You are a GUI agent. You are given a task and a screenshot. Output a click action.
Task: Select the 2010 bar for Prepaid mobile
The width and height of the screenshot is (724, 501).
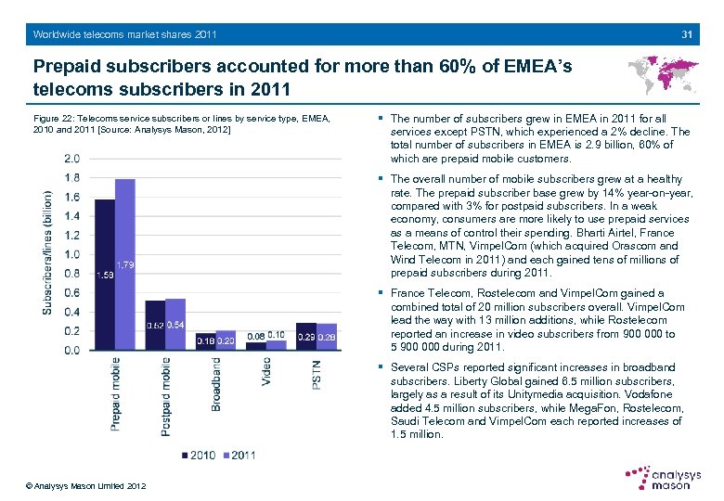(x=105, y=275)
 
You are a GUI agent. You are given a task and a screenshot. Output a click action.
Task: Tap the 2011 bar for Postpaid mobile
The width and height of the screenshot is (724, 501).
(x=175, y=324)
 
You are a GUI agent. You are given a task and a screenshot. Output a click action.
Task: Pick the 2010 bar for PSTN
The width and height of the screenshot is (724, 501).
(x=305, y=337)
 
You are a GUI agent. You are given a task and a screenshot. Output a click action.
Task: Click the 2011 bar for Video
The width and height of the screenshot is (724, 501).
(x=276, y=345)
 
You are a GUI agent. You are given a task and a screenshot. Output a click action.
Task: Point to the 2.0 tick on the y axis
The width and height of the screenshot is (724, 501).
(x=71, y=158)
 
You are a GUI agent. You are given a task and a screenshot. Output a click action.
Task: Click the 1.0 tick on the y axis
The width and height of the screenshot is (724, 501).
(x=71, y=254)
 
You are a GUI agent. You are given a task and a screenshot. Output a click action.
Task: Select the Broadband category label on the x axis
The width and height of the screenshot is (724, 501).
(x=216, y=384)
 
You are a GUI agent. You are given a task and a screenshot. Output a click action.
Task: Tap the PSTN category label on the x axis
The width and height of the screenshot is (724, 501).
(x=317, y=375)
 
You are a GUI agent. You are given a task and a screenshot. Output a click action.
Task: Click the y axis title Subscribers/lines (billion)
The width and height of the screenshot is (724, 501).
(x=47, y=252)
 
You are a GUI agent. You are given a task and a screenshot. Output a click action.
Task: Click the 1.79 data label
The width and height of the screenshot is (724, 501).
(x=127, y=265)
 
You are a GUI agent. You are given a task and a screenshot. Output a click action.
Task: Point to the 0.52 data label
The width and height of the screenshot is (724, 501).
(x=154, y=325)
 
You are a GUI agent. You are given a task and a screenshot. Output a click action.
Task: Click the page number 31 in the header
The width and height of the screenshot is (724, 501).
(x=688, y=34)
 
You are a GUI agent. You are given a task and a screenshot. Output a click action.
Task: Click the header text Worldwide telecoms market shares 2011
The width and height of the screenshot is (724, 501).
(x=124, y=34)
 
